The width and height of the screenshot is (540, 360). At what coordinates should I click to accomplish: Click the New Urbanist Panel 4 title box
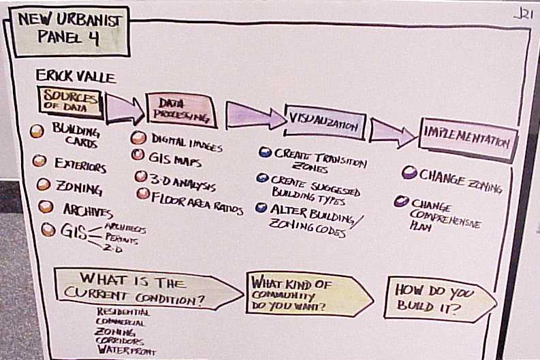click(67, 33)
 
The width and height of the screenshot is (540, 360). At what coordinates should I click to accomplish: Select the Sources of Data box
click(69, 102)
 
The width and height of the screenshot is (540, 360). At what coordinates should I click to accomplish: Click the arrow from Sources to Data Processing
click(125, 108)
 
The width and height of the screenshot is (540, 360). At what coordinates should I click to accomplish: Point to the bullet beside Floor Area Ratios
click(143, 193)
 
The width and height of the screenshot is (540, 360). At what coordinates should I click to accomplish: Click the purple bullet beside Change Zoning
click(409, 173)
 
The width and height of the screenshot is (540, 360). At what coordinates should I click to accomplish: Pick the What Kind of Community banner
click(306, 293)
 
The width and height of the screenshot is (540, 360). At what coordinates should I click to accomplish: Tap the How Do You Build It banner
click(436, 298)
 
